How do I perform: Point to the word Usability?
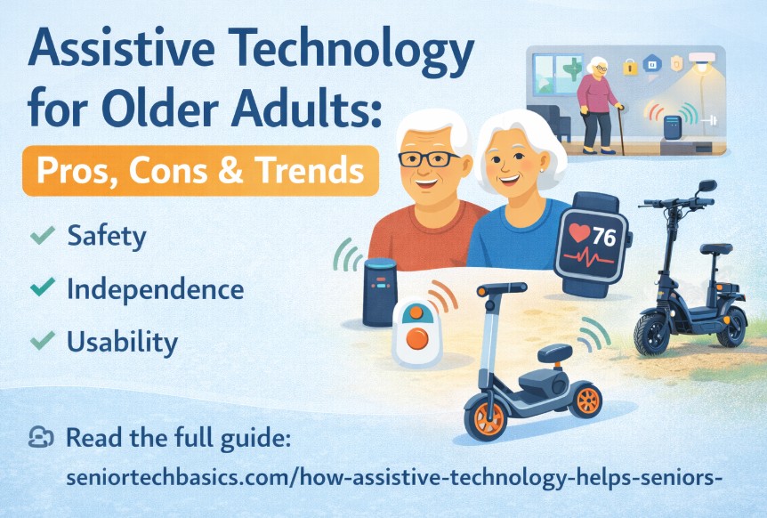coord(122,341)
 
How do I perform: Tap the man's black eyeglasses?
coord(428,159)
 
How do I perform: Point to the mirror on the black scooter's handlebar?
coord(707,186)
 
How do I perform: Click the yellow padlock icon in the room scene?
coord(630,67)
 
